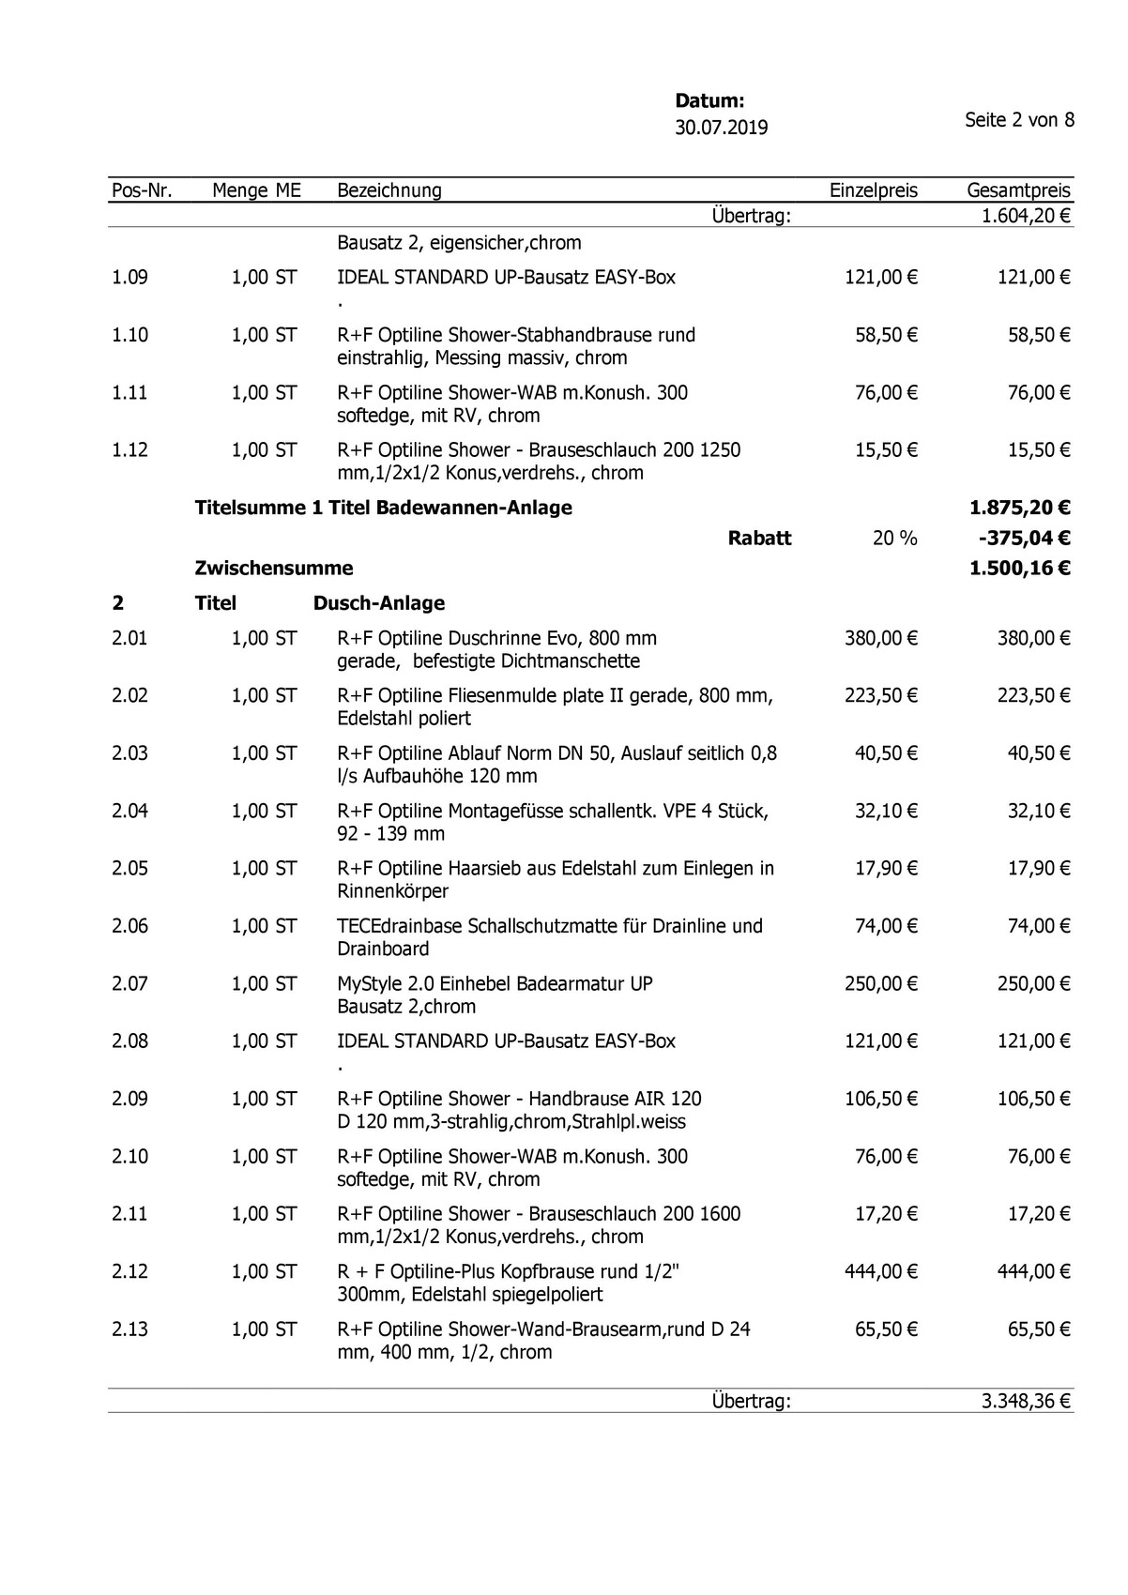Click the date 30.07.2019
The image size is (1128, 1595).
tap(721, 128)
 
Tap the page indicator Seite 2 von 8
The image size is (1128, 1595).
tap(1019, 120)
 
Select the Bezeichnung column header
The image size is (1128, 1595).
tap(389, 190)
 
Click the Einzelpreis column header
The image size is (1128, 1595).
tap(873, 190)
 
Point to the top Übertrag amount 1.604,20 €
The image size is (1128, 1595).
tap(1026, 217)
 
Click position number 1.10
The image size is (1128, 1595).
tap(130, 335)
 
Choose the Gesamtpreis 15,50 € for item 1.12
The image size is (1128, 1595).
tap(1039, 450)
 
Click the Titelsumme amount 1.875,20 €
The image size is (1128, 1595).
tap(1019, 509)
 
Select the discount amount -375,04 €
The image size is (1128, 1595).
tap(1023, 539)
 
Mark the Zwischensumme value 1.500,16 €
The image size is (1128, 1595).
tap(1019, 569)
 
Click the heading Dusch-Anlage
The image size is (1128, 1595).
tap(379, 603)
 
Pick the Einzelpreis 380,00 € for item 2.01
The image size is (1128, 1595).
tap(880, 639)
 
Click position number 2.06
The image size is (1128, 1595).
tap(130, 926)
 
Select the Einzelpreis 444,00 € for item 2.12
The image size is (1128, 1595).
tap(880, 1271)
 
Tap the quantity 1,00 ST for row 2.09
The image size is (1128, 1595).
tap(264, 1099)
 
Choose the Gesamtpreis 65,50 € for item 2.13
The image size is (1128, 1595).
tap(1039, 1329)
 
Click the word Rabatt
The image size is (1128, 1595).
tap(759, 539)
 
